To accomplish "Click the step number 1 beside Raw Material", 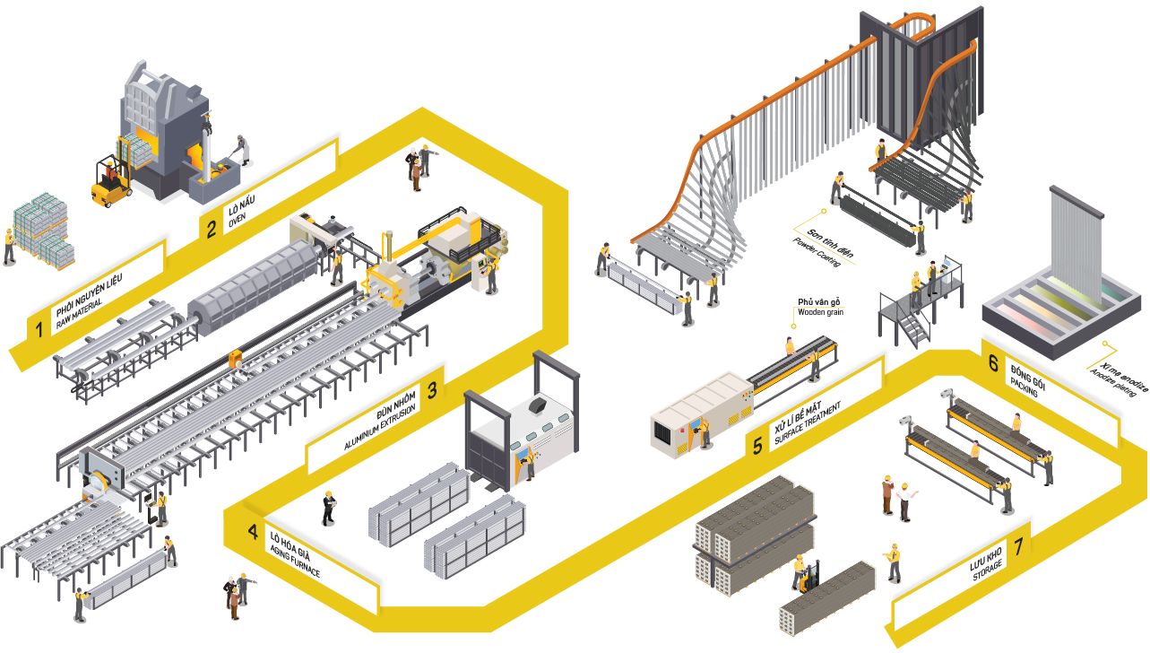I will click(39, 329).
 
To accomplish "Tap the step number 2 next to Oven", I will click(212, 229).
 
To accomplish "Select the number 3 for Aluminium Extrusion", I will click(432, 390).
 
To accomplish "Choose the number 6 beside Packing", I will click(993, 363).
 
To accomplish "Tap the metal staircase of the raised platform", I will click(909, 326).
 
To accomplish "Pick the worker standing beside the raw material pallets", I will click(9, 245).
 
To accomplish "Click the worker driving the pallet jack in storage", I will click(800, 571).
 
